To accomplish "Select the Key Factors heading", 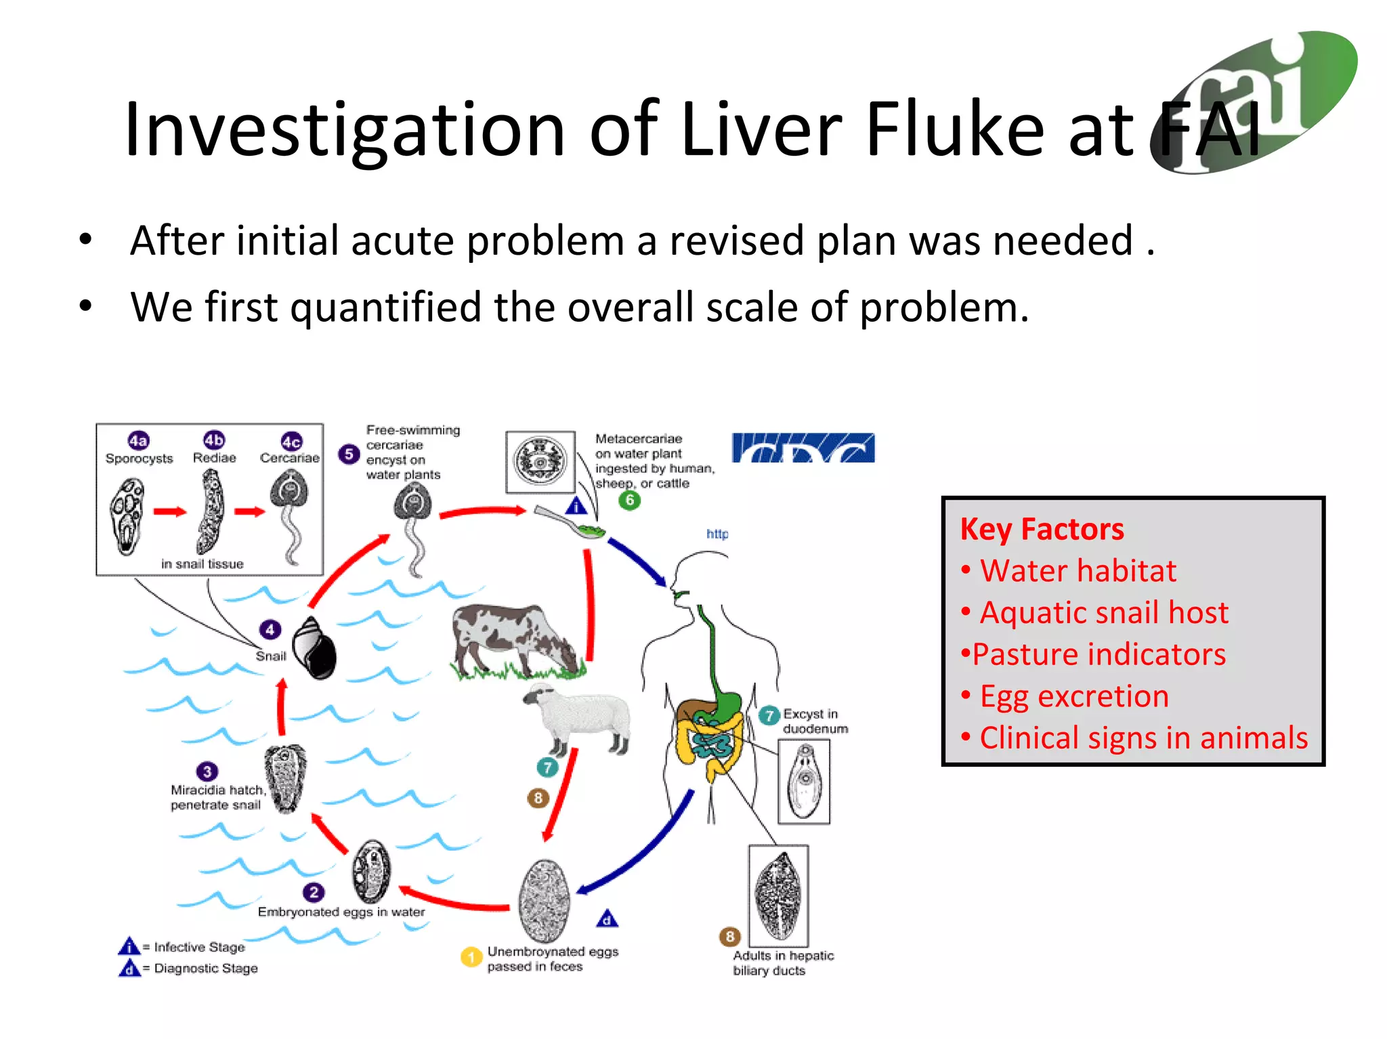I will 1042,529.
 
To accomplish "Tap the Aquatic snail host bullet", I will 1104,612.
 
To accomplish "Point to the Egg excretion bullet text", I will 1074,696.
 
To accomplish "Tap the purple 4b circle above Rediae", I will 214,440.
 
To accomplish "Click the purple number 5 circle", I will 349,454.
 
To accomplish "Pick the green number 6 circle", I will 630,500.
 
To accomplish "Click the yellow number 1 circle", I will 471,957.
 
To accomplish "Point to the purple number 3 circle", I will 207,771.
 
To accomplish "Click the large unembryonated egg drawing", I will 545,901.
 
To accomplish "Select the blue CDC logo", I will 803,448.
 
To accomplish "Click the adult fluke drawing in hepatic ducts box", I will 778,895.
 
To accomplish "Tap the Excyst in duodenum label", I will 815,721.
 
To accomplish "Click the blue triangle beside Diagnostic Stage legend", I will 129,968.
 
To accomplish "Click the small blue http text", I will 717,534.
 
